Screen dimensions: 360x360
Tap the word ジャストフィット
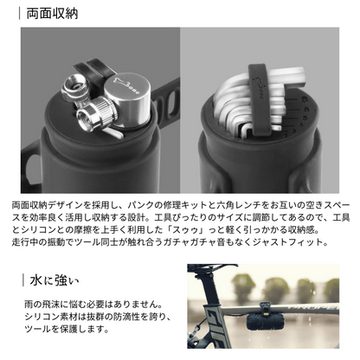tap(298, 243)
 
